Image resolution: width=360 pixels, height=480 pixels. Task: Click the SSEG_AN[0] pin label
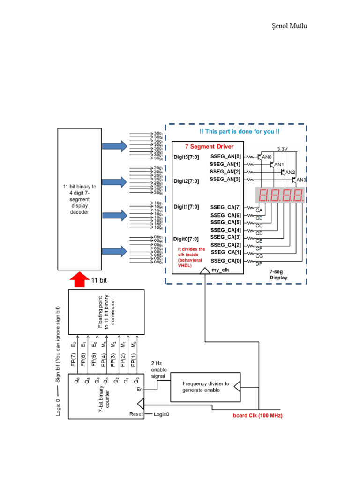pos(225,156)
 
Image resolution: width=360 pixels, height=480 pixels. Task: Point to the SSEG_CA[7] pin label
pos(225,207)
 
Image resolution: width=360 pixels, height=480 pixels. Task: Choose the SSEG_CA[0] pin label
pos(225,261)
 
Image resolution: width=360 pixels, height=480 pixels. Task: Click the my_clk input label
pos(228,270)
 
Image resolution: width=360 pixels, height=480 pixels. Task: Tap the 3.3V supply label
pos(283,149)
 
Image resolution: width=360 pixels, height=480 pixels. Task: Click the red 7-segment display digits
pos(279,195)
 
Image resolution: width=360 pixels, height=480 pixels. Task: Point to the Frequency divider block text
pos(206,387)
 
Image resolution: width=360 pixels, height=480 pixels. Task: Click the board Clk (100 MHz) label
pos(258,416)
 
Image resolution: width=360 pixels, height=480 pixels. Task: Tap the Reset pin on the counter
pos(136,414)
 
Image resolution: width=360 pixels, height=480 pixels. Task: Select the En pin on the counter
pos(139,390)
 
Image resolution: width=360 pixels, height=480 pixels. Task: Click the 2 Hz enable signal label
pos(159,370)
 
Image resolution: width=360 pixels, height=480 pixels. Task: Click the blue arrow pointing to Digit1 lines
pos(115,216)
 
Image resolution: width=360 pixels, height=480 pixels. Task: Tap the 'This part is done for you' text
pos(239,132)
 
